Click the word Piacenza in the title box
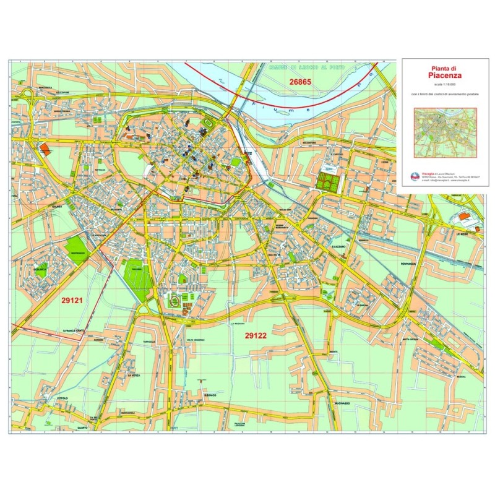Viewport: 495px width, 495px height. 445,75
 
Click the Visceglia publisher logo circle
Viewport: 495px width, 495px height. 415,176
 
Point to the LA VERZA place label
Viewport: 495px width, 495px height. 133,376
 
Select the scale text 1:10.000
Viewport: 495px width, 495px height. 445,84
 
